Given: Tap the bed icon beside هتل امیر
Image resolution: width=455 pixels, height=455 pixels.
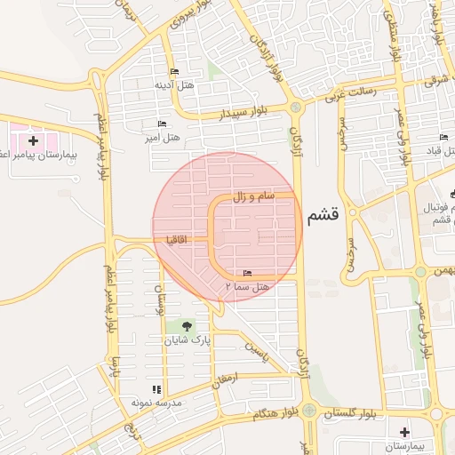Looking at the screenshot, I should (x=161, y=124).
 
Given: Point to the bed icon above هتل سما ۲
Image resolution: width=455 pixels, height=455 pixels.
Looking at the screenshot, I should (x=247, y=273).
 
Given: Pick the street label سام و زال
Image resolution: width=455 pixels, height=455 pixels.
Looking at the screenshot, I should (x=251, y=196).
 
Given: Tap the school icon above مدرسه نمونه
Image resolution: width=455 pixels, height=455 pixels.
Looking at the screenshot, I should (x=156, y=389).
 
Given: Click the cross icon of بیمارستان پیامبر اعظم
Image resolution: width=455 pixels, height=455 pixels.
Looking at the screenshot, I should (x=33, y=140).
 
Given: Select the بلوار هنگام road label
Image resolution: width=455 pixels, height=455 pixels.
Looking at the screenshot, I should (x=267, y=414).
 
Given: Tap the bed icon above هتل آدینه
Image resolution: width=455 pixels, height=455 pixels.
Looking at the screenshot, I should (x=173, y=72).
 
